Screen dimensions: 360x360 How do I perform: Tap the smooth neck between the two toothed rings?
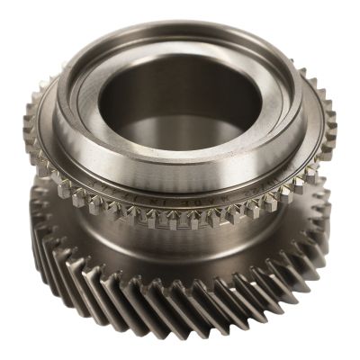point(180,243)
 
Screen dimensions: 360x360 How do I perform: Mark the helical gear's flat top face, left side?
point(54,202)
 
